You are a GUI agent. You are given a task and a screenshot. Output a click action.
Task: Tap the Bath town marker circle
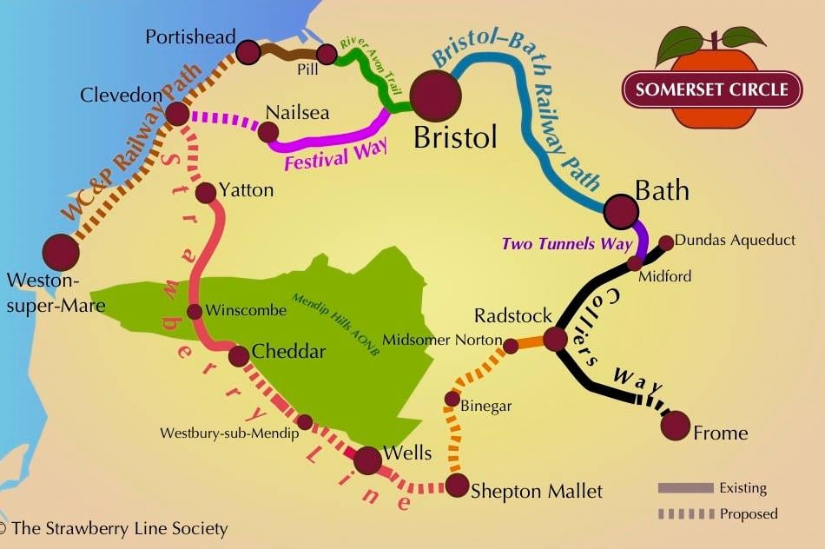click(621, 210)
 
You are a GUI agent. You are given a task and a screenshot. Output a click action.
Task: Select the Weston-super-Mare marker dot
click(61, 252)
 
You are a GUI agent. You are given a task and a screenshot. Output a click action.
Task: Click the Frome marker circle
click(675, 426)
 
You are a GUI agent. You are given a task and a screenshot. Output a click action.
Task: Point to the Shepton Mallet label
click(536, 491)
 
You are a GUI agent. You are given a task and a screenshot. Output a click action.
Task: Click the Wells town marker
click(368, 460)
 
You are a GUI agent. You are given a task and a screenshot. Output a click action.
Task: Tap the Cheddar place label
click(288, 352)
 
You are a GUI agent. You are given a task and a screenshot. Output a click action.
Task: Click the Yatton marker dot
click(206, 193)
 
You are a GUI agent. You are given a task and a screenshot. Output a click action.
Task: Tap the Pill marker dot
click(327, 54)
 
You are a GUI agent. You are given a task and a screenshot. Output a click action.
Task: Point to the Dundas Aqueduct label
click(735, 240)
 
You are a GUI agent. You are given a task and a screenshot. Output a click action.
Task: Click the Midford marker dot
click(636, 262)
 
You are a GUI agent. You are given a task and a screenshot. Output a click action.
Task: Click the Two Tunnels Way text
click(567, 244)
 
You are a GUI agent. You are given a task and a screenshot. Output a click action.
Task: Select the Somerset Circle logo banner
click(711, 89)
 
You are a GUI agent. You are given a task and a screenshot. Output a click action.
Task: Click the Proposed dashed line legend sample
click(685, 514)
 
